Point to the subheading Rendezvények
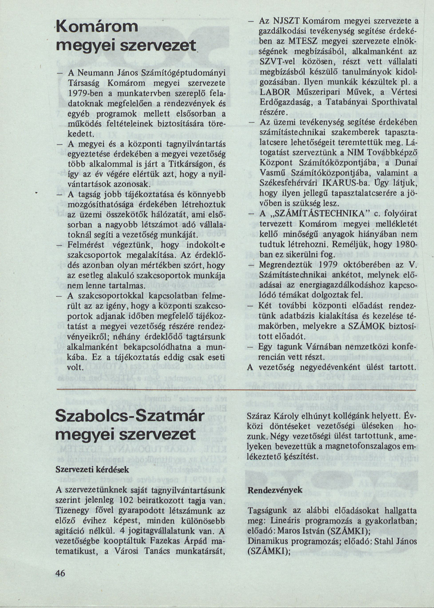[x=275, y=490]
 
